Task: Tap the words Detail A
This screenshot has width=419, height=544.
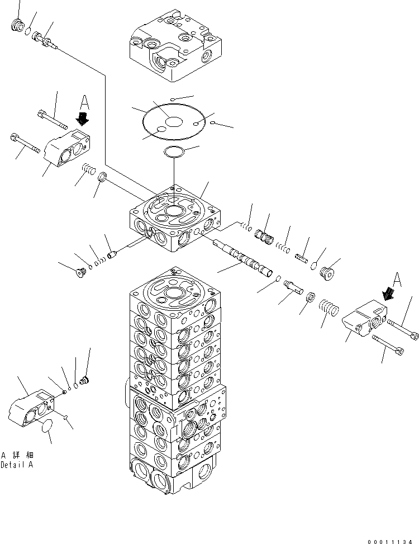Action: (17, 465)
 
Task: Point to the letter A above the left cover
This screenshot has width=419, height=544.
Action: (84, 102)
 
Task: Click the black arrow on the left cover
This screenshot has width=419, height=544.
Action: (83, 119)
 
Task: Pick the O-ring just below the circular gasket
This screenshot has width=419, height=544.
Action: (174, 152)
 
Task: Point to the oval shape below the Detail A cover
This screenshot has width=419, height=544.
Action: (47, 428)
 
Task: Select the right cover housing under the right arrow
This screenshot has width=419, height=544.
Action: (363, 322)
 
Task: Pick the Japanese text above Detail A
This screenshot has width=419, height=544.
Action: (17, 455)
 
